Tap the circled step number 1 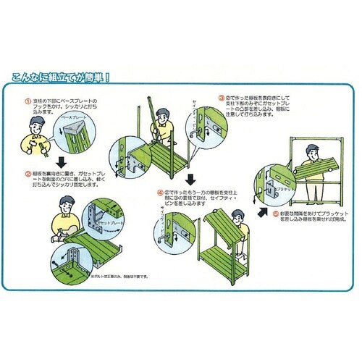click(28, 101)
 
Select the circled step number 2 click(28, 174)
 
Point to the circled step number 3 click(220, 96)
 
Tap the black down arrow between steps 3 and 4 click(190, 178)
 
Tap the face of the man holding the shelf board click(311, 151)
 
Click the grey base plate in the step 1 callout click(70, 130)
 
